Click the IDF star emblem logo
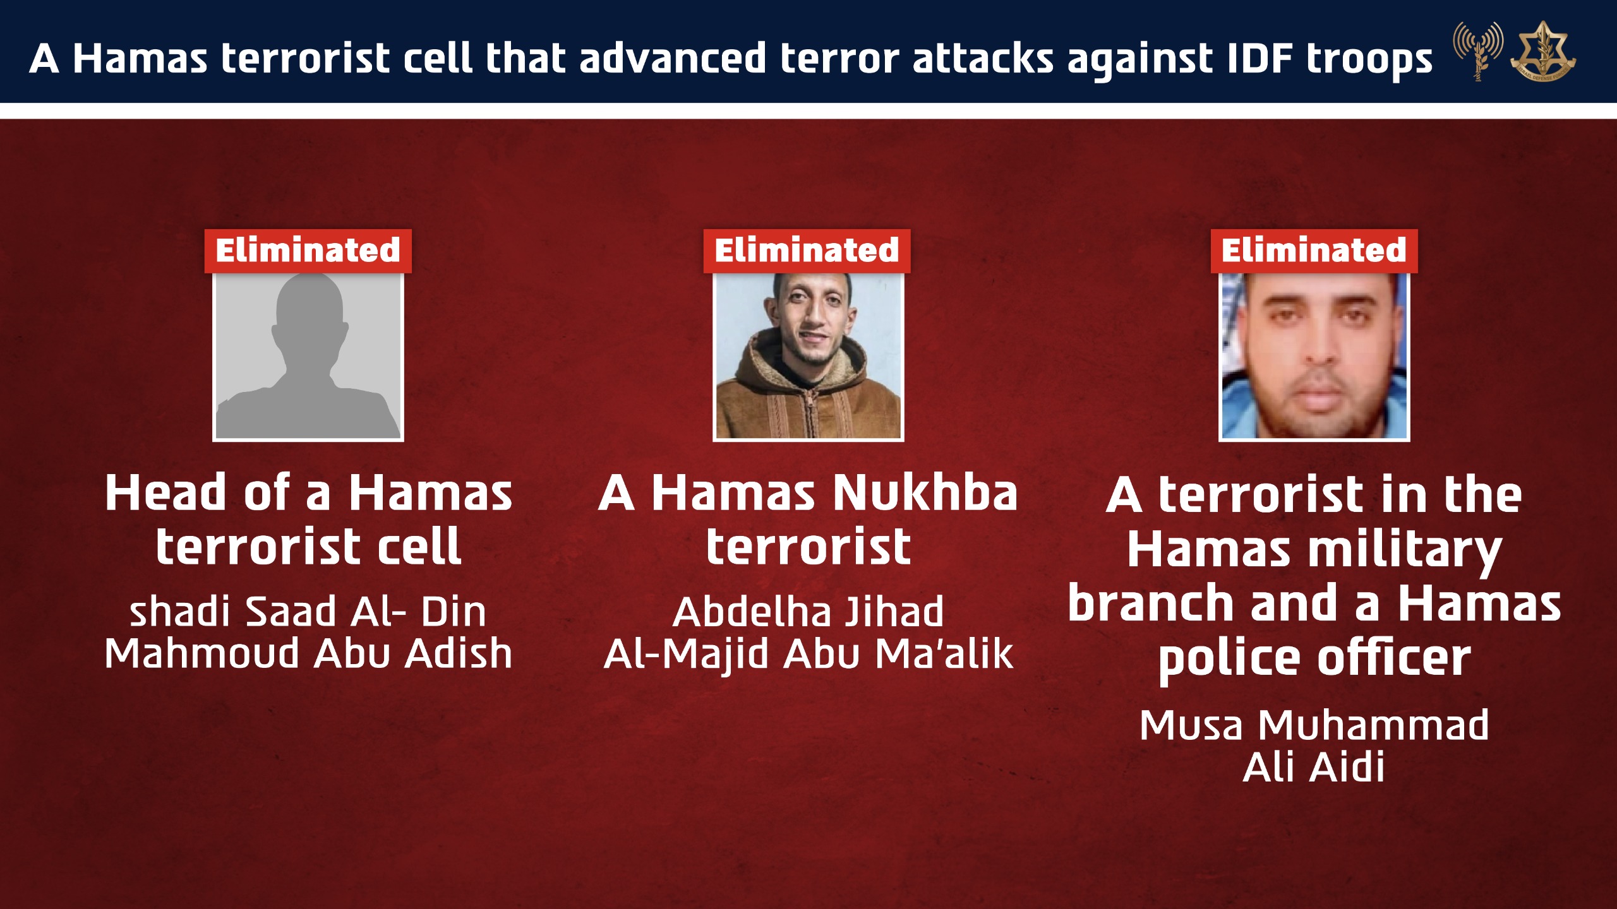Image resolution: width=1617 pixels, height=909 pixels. click(x=1543, y=52)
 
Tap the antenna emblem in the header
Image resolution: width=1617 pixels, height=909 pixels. click(x=1477, y=51)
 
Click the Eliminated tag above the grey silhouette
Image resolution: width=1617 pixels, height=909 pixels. click(x=308, y=251)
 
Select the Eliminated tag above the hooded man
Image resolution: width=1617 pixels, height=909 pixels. click(x=807, y=251)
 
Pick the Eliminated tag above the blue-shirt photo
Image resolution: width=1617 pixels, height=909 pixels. click(x=1314, y=251)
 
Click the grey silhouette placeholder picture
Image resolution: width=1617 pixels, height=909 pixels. click(x=308, y=357)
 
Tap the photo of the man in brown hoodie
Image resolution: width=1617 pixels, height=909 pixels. click(x=808, y=357)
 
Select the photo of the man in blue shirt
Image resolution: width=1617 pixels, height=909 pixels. click(x=1314, y=357)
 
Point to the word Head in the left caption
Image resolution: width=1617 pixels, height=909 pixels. click(x=166, y=493)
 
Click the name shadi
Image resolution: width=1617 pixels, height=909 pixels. click(x=179, y=612)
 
